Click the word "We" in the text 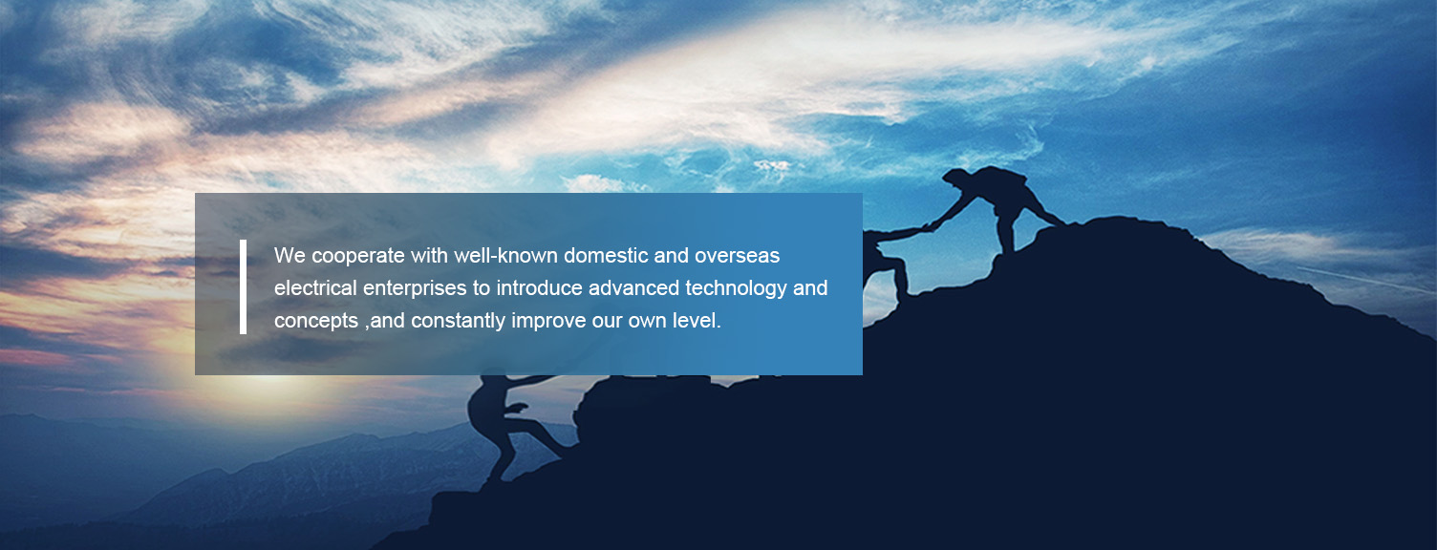tap(290, 256)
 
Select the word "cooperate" tap(358, 257)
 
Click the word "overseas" tap(737, 256)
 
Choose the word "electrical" tap(315, 288)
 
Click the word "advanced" tap(633, 288)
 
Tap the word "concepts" tap(316, 321)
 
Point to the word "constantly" tap(458, 321)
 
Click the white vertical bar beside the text tap(243, 286)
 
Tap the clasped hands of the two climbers tap(928, 226)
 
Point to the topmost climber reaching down tap(998, 205)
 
